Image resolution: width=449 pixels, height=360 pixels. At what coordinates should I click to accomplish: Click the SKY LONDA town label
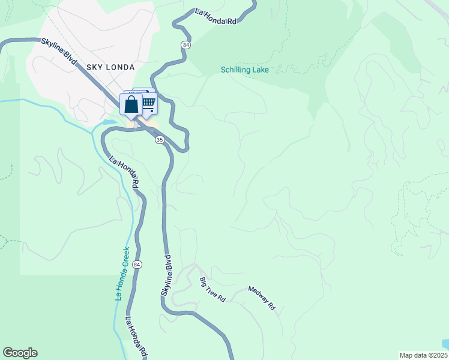click(110, 67)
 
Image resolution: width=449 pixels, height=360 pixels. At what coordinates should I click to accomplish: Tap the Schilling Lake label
click(244, 70)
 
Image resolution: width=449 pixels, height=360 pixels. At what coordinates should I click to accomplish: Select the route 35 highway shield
click(159, 139)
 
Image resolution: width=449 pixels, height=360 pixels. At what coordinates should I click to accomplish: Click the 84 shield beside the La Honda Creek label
click(137, 265)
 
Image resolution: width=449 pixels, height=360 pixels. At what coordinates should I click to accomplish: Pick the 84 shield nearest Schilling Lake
click(186, 45)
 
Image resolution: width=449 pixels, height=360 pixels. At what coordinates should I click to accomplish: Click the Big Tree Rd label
click(212, 290)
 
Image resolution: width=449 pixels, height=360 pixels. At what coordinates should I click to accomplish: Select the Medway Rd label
click(262, 297)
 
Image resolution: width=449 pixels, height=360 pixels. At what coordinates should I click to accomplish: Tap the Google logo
click(20, 353)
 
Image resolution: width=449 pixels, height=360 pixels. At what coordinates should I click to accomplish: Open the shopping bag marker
click(131, 104)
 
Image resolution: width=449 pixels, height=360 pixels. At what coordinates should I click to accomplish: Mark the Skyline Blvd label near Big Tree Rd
click(167, 275)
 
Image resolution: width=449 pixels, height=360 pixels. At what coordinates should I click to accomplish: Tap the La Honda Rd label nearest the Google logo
click(137, 337)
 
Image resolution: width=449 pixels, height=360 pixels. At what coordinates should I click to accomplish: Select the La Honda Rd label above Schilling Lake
click(215, 16)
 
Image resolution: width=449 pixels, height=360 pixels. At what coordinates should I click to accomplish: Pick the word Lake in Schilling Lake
click(260, 70)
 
